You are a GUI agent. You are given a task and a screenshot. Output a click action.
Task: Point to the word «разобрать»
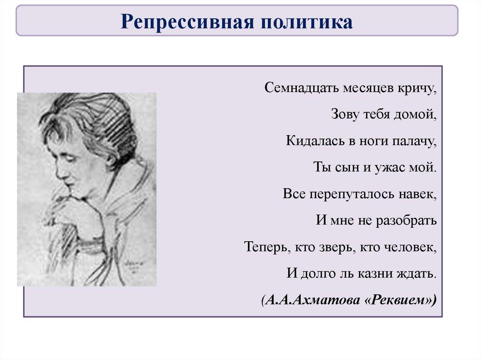pyautogui.click(x=405, y=220)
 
